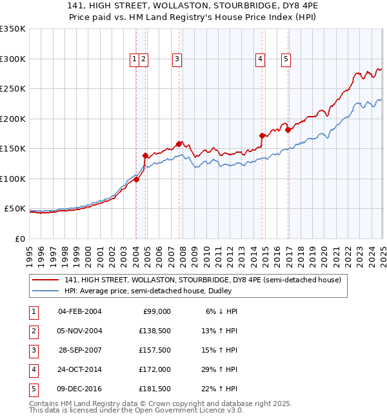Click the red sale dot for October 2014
(x=262, y=135)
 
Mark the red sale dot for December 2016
(x=288, y=130)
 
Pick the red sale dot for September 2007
(x=179, y=144)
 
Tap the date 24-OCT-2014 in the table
(x=80, y=369)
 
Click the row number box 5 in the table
(x=32, y=389)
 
